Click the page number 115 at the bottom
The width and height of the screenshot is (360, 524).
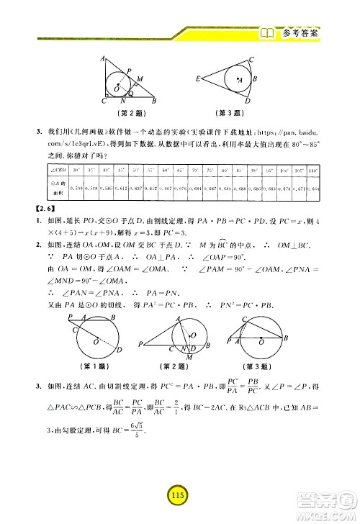click(x=175, y=494)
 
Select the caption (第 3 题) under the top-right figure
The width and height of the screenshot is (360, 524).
click(x=232, y=112)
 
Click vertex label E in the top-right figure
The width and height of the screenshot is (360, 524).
click(x=199, y=77)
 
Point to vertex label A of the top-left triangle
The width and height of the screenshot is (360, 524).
click(x=103, y=59)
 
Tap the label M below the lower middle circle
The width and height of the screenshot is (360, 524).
click(x=188, y=357)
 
